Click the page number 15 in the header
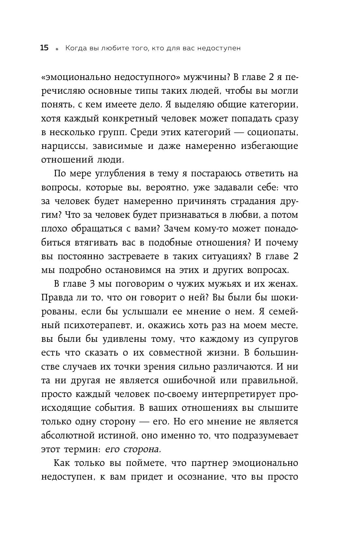tap(44, 48)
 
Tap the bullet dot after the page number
tap(57, 49)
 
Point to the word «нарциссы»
tap(62, 146)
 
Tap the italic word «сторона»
tap(142, 449)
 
